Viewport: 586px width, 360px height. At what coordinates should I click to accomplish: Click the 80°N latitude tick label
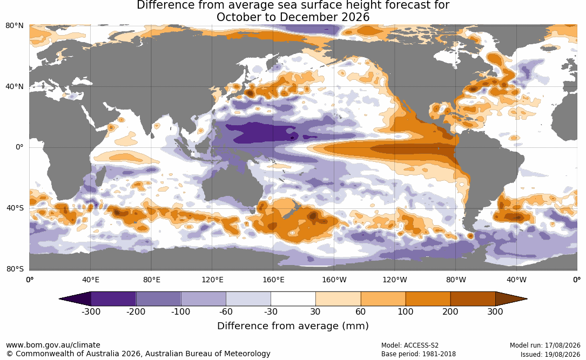click(14, 26)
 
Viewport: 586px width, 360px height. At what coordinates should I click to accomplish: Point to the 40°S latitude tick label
click(15, 208)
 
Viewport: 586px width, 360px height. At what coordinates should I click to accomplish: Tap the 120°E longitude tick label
click(212, 280)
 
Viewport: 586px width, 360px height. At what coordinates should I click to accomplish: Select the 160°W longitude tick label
click(334, 280)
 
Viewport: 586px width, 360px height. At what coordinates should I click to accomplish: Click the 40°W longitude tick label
click(516, 280)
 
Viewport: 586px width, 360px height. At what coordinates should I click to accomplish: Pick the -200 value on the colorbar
click(136, 311)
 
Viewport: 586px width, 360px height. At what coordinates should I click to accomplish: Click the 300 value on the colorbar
click(495, 311)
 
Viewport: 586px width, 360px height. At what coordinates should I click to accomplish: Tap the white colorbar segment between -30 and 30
click(293, 299)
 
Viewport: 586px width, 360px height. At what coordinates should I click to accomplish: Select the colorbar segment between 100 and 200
click(428, 299)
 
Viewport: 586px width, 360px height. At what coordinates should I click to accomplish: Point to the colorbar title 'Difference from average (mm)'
click(293, 326)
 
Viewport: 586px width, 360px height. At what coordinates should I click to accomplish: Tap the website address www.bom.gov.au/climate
click(53, 345)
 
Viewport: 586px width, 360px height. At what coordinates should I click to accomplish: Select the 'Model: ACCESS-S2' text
click(410, 345)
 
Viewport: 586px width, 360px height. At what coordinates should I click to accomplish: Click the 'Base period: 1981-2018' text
click(419, 354)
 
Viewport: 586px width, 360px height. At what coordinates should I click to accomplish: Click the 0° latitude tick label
click(19, 147)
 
